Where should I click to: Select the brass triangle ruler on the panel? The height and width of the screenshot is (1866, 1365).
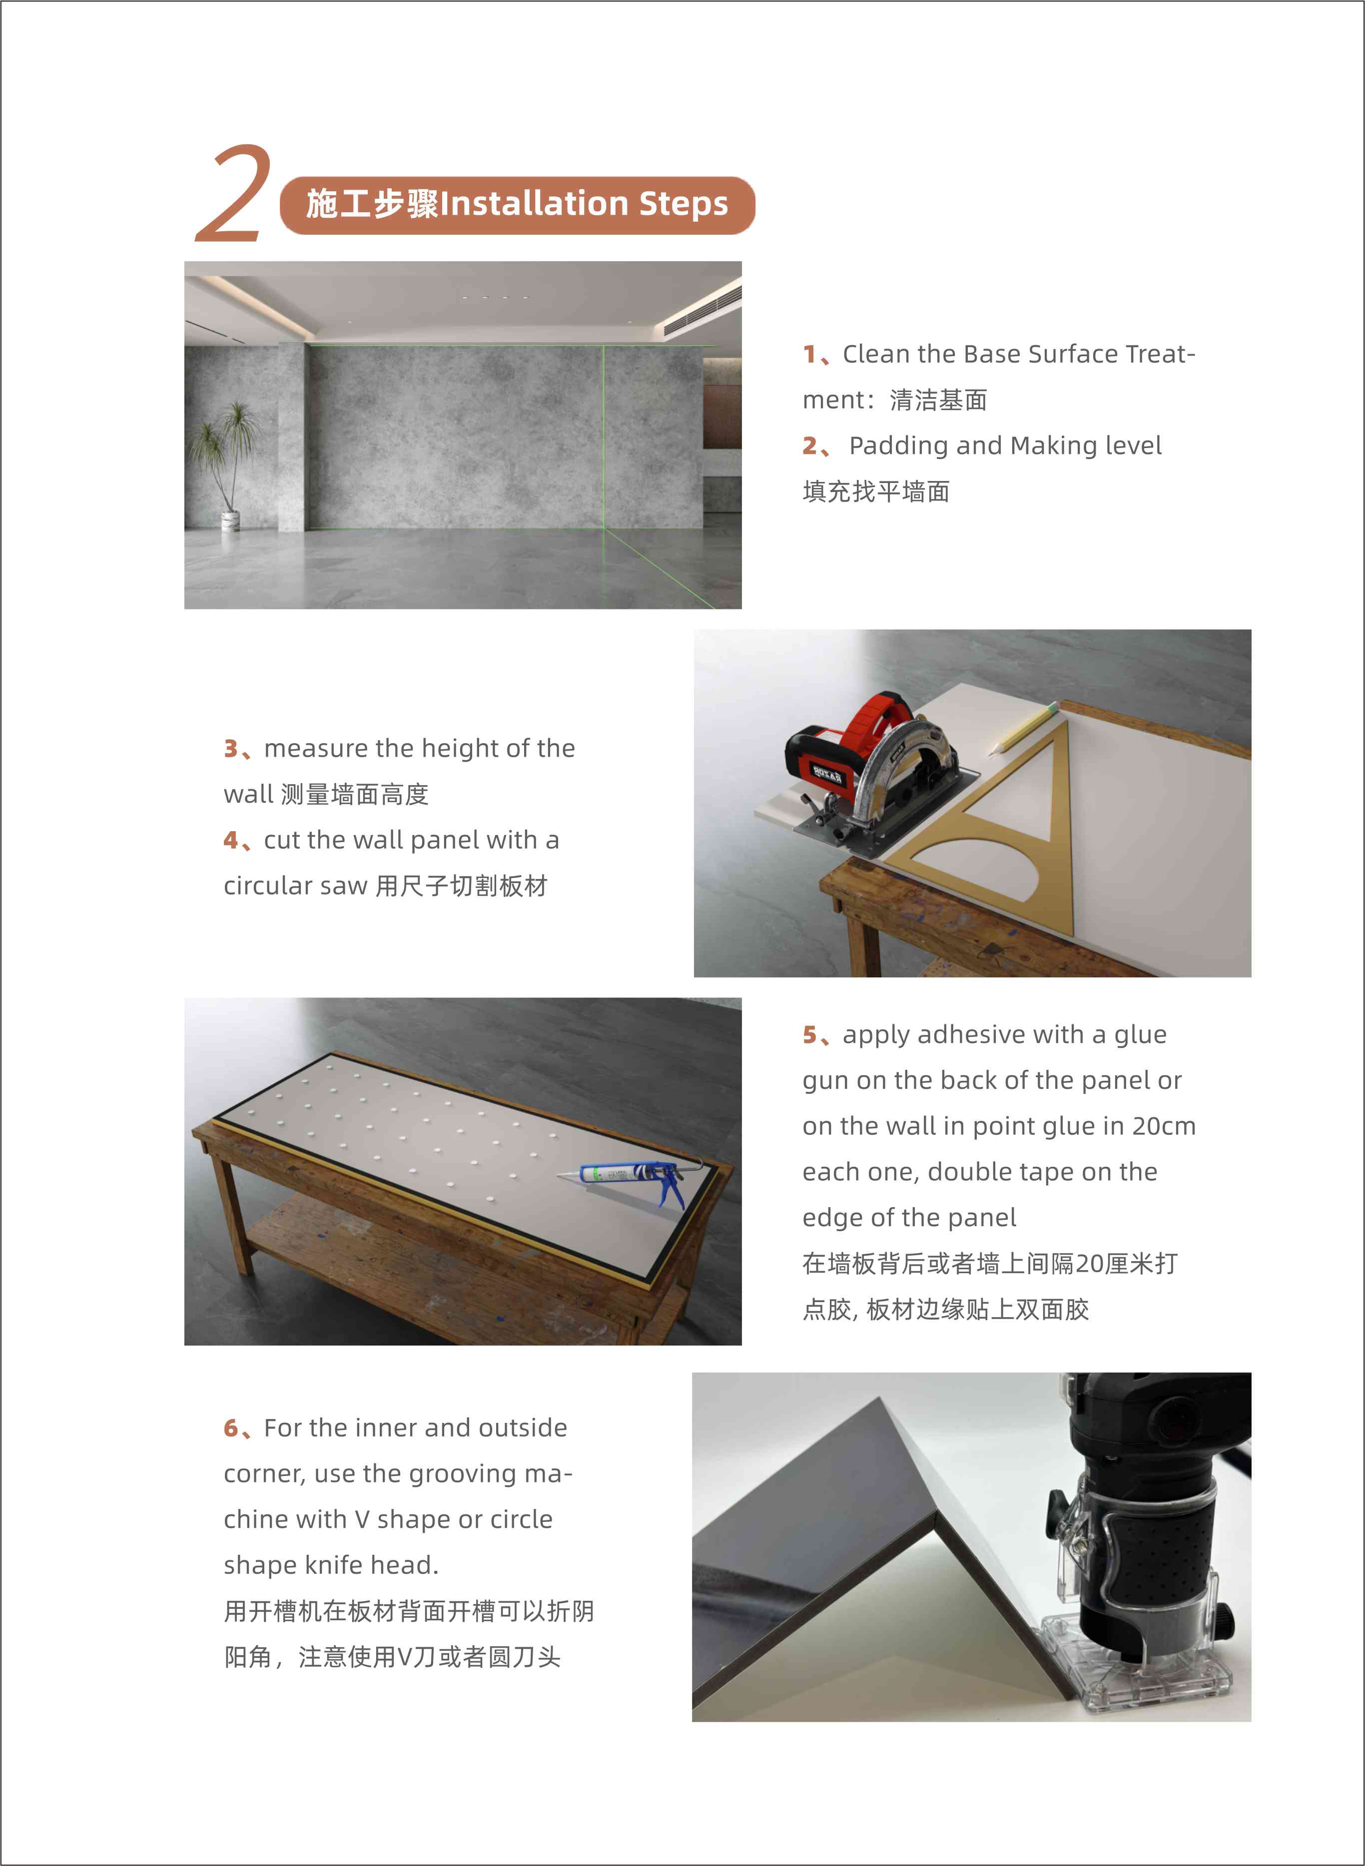pos(1008,834)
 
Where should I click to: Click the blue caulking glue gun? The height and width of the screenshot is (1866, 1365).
pos(636,1177)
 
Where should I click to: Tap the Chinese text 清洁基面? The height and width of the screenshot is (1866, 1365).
pos(939,401)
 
